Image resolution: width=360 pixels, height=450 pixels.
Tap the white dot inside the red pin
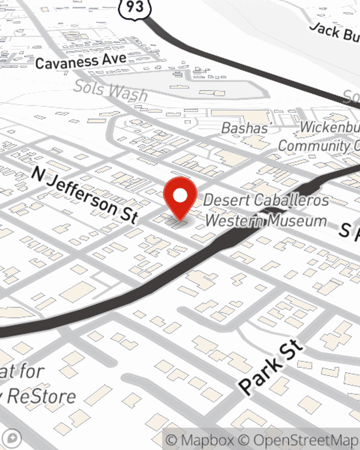click(x=180, y=196)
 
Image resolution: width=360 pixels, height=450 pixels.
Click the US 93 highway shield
click(x=135, y=7)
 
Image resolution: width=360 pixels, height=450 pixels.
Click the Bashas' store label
click(x=245, y=128)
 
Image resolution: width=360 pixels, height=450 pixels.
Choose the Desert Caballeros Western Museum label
click(x=266, y=210)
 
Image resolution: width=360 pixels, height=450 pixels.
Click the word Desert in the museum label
click(x=227, y=200)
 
